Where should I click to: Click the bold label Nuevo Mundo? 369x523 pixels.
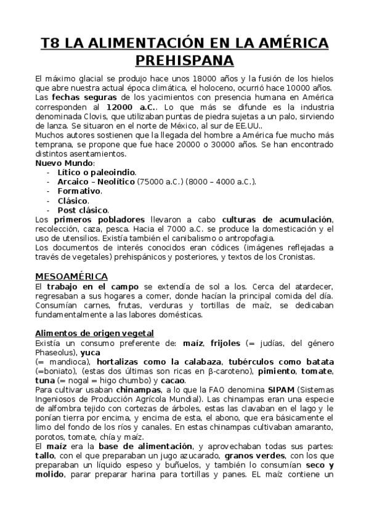[64, 163]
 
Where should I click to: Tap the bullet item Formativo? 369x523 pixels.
[79, 191]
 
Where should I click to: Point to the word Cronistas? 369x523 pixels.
[295, 257]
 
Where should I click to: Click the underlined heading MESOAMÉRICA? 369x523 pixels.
[71, 276]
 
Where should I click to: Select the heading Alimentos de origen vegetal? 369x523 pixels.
[94, 333]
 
